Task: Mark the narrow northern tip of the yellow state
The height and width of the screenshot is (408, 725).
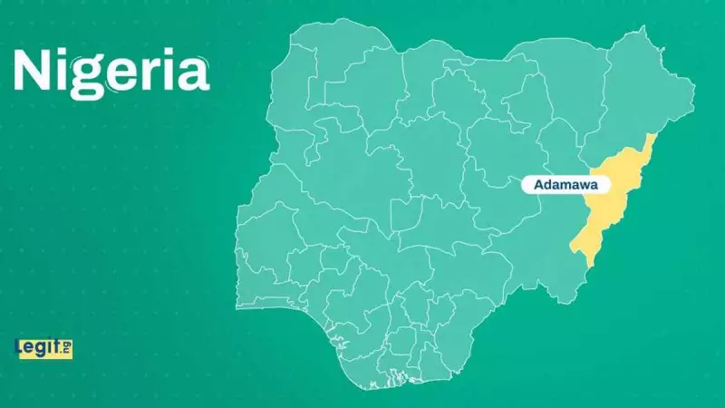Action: tap(651, 139)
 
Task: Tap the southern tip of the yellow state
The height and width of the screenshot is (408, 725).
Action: tap(589, 264)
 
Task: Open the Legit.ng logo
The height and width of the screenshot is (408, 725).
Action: tap(43, 347)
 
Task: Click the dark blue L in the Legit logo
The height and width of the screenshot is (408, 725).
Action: tap(19, 346)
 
